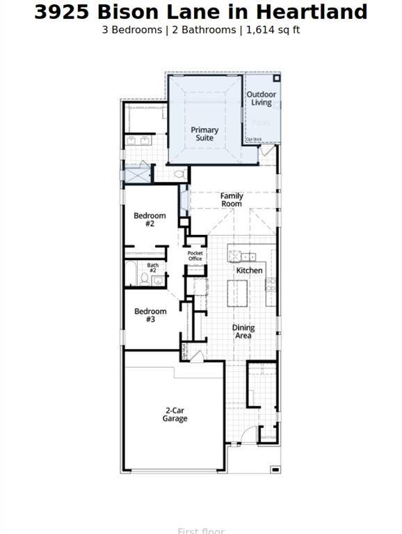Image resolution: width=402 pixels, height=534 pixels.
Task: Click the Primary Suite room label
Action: (204, 133)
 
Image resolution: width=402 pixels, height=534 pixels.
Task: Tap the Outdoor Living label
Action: (262, 99)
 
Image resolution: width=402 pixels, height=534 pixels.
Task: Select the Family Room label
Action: (232, 200)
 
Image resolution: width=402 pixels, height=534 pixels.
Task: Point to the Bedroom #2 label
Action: (150, 220)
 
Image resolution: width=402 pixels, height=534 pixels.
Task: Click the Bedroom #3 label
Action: (150, 316)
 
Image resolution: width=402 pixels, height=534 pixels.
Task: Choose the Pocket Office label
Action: (195, 256)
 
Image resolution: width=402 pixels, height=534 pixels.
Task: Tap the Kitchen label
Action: (249, 270)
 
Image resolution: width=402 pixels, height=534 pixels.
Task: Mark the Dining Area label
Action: (243, 332)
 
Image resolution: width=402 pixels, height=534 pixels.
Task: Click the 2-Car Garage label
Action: (175, 414)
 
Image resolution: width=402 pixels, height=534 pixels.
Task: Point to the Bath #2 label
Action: (152, 268)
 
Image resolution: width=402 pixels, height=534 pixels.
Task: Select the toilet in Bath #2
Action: (145, 278)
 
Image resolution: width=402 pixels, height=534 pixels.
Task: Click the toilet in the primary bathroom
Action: (179, 174)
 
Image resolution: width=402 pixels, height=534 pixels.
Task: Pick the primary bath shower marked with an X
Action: (136, 174)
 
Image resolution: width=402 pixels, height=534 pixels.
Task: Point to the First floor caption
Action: (201, 531)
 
